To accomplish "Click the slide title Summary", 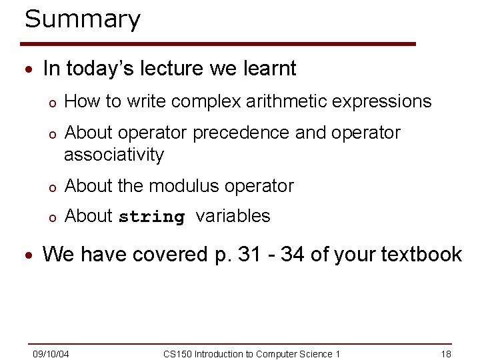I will (83, 19).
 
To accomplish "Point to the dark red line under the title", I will (220, 44).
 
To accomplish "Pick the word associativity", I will (113, 155).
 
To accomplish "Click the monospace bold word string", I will (151, 217).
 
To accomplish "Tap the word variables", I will (233, 216).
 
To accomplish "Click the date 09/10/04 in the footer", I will (52, 353).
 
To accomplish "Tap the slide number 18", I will (446, 353).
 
